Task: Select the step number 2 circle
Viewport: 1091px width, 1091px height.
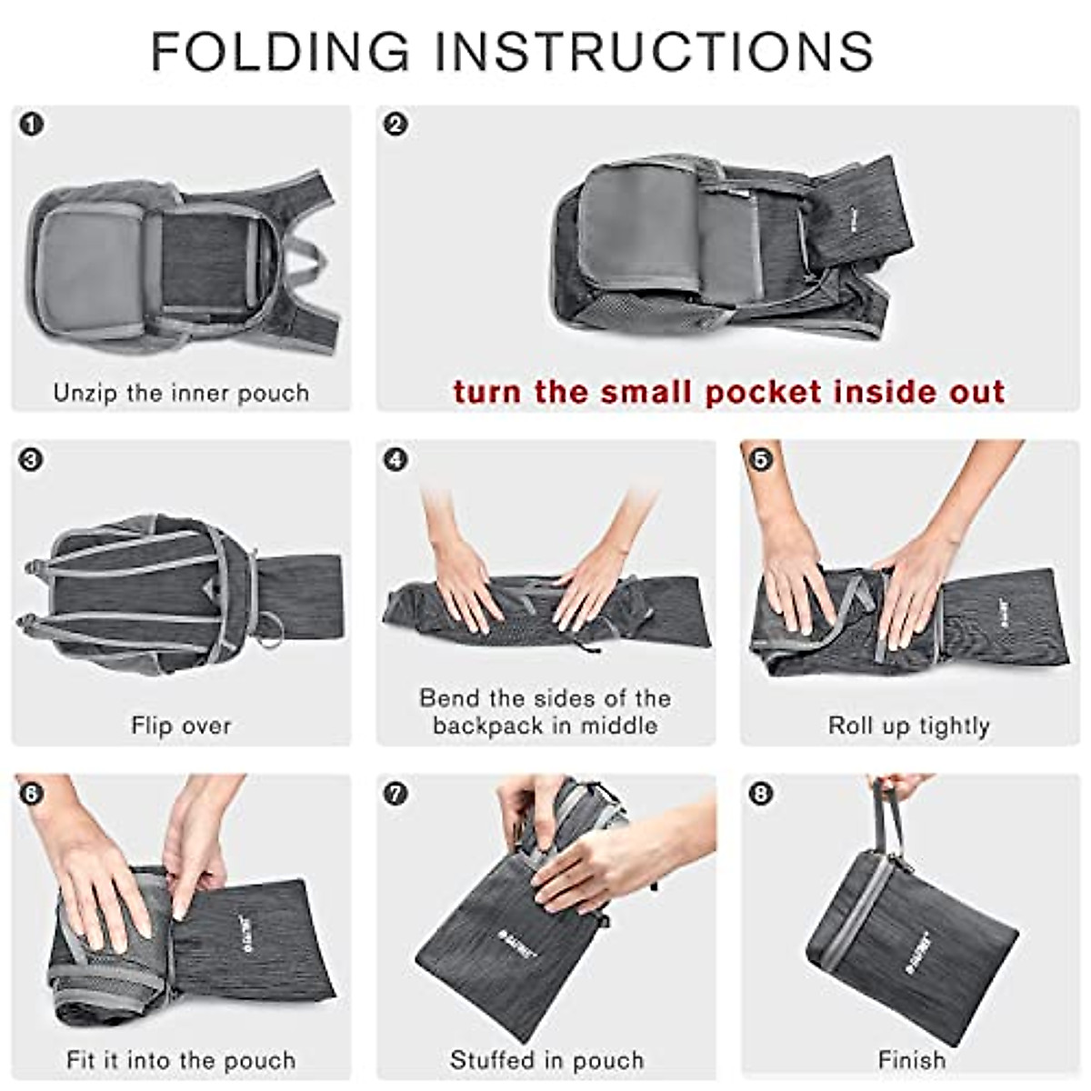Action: (x=395, y=125)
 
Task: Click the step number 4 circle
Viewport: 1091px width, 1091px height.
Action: (x=395, y=459)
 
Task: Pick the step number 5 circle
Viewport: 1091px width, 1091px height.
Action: (x=760, y=459)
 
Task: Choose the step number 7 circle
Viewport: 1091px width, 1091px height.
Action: (x=395, y=794)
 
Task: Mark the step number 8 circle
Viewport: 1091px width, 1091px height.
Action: (x=760, y=794)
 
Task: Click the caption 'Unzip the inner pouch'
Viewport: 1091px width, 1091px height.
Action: (x=181, y=393)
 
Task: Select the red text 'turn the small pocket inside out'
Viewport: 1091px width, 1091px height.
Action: (x=729, y=392)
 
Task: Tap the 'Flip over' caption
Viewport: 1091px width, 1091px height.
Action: (x=181, y=726)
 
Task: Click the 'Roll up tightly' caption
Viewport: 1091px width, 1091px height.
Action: (x=908, y=726)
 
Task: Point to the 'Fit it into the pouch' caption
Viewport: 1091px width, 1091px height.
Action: (x=181, y=1060)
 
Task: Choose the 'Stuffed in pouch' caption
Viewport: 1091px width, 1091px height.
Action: (x=546, y=1060)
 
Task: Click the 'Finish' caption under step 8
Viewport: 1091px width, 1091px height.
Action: (x=911, y=1060)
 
